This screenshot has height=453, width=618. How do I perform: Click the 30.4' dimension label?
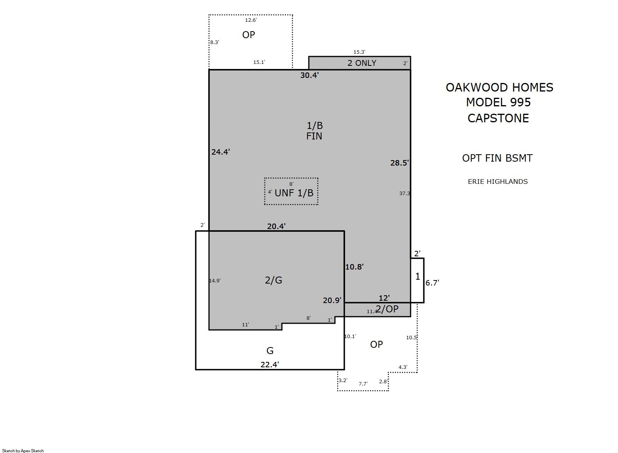[x=310, y=75]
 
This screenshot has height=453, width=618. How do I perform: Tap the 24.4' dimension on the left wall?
[x=221, y=152]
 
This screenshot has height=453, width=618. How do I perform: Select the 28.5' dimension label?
[x=400, y=163]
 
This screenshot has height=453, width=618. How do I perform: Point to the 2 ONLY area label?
[x=362, y=63]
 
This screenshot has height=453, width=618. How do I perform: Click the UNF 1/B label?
[x=294, y=193]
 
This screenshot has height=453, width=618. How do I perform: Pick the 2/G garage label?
[x=273, y=280]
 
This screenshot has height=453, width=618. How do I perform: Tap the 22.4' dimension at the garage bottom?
[x=270, y=365]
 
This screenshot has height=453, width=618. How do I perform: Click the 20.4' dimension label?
[x=276, y=226]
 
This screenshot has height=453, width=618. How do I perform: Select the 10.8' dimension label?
[x=354, y=267]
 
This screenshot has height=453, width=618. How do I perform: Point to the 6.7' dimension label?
[x=432, y=283]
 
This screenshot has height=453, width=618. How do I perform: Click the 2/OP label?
[x=387, y=309]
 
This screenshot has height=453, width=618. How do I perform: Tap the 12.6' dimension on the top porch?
[x=251, y=20]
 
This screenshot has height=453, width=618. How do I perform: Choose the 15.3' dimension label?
[x=359, y=52]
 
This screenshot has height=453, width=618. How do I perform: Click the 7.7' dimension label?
[x=363, y=384]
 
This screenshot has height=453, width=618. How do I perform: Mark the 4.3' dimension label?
[x=403, y=367]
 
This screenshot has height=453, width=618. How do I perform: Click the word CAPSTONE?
[x=498, y=118]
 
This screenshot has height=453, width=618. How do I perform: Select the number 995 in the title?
[x=521, y=102]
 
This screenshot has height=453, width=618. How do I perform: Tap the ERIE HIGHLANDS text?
[x=498, y=182]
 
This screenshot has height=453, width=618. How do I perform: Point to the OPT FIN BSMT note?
[x=497, y=158]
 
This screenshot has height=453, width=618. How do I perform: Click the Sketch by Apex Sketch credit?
[x=23, y=451]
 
